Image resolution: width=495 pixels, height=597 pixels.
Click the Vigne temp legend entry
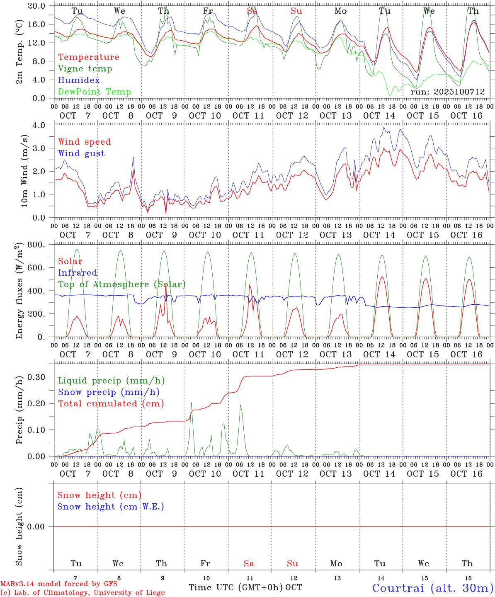tap(85, 69)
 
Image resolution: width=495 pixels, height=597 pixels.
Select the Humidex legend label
tap(79, 80)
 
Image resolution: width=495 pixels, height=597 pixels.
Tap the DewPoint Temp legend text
tap(95, 92)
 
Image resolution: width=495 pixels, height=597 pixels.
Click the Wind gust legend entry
tap(81, 153)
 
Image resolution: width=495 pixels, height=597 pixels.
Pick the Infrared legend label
tap(78, 273)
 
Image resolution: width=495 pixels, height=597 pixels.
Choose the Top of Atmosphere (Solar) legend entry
tap(121, 284)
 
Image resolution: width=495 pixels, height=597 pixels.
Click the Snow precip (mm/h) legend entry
tap(109, 392)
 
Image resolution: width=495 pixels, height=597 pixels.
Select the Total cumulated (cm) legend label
tap(111, 404)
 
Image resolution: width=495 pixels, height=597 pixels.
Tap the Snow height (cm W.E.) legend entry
tap(110, 507)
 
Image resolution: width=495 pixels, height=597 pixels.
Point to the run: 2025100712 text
tap(447, 92)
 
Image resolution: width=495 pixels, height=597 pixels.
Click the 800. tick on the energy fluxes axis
tap(36, 245)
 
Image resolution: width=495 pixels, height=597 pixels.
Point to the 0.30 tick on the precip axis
tap(36, 377)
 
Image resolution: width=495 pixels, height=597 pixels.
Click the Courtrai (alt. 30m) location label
tap(433, 588)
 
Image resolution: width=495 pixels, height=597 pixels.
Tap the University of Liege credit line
tap(82, 593)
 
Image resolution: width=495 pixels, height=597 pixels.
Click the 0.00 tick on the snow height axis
tap(36, 527)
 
